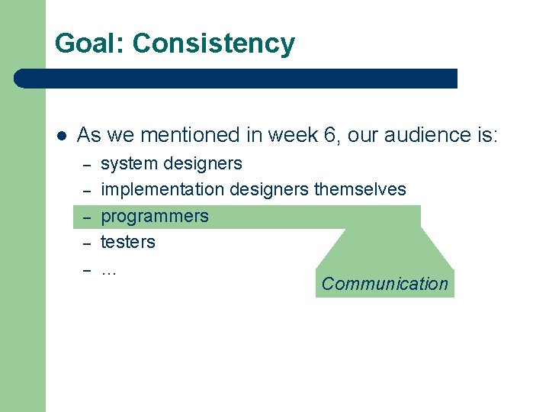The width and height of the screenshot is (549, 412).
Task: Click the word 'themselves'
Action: point(360,188)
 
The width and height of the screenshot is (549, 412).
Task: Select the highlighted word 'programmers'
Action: point(155,216)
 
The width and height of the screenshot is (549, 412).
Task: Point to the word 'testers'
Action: point(128,242)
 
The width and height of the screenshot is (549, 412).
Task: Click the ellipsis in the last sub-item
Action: point(108,269)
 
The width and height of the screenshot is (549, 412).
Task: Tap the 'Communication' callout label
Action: point(384,284)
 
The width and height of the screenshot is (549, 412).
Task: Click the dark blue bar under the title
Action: point(236,79)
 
